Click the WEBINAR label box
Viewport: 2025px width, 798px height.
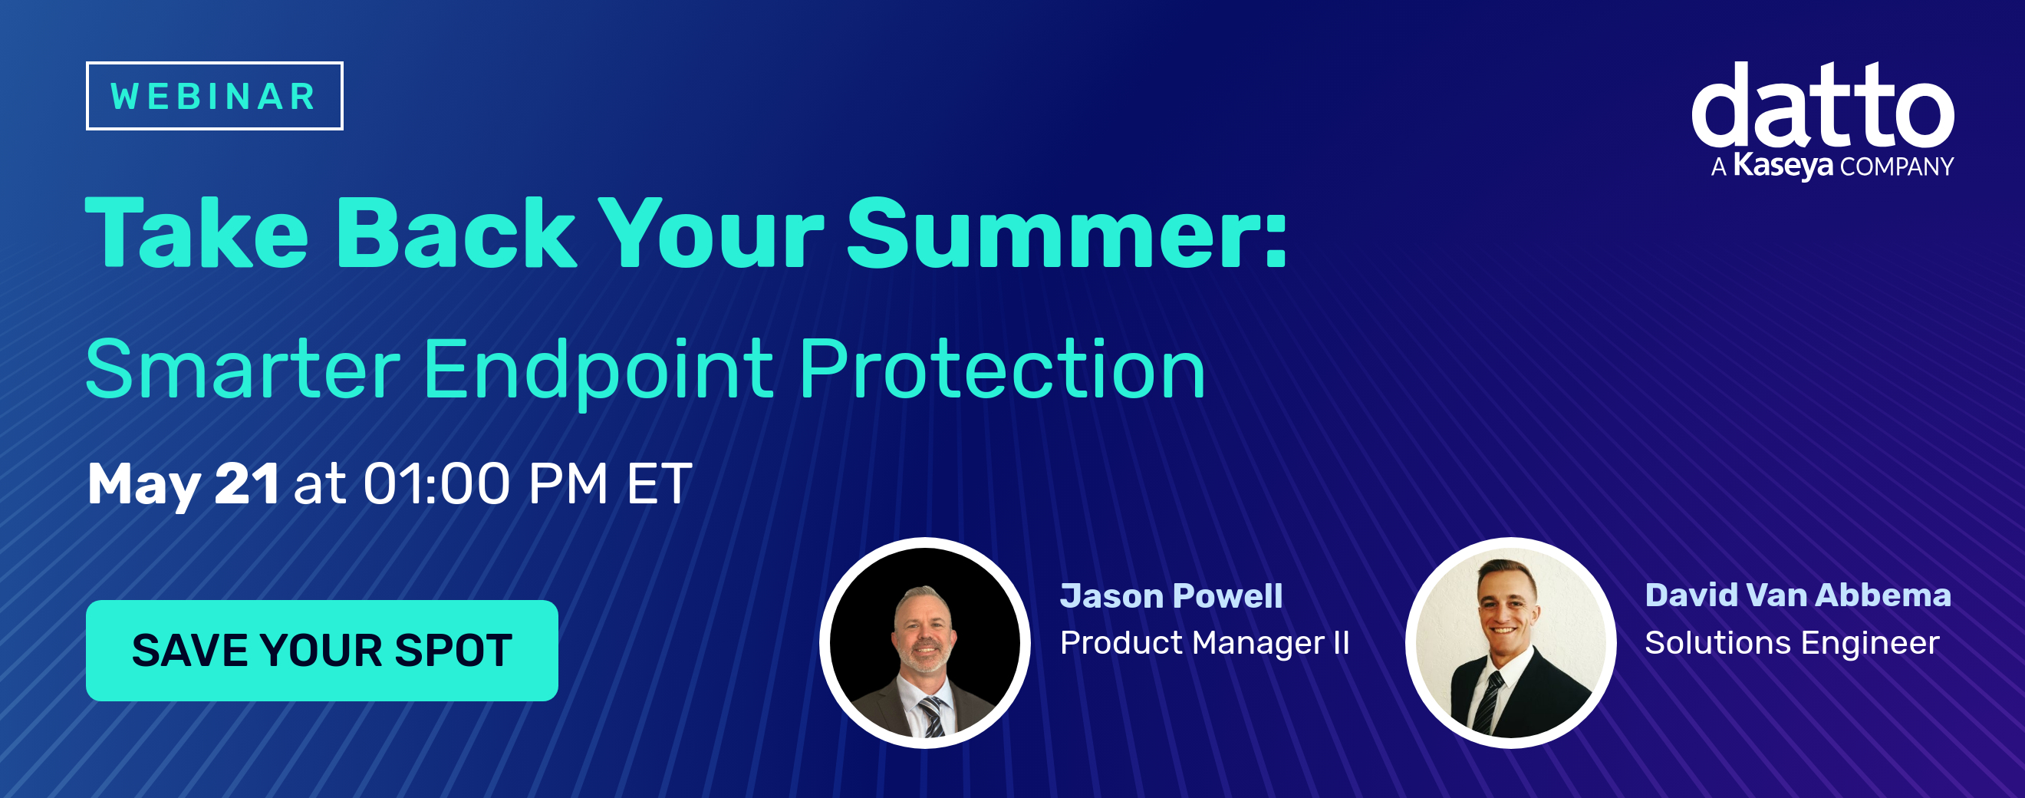(x=214, y=96)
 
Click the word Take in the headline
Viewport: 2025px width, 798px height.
(x=196, y=233)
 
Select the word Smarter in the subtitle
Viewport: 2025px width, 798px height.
(x=243, y=370)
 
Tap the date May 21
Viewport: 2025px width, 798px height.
(x=183, y=484)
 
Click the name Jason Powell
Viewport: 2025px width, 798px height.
(x=1171, y=596)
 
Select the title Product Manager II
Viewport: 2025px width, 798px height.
(x=1204, y=643)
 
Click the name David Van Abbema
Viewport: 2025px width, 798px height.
(x=1799, y=595)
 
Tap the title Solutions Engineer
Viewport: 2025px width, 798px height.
(x=1793, y=643)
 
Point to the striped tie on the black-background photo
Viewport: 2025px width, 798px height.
(x=932, y=716)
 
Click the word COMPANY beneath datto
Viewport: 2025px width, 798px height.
(x=1897, y=167)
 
